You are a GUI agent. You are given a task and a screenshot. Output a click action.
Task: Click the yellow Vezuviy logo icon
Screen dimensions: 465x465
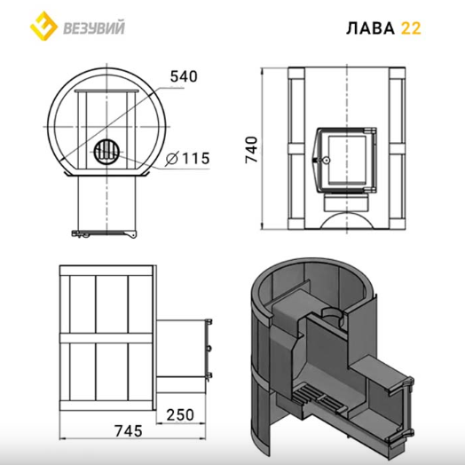click(x=43, y=26)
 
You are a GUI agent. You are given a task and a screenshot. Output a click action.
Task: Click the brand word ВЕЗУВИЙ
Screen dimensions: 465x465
click(x=94, y=28)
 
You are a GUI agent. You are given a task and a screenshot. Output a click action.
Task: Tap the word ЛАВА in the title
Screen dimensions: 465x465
click(x=370, y=28)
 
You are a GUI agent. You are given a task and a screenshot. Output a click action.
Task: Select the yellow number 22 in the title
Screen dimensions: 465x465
click(x=411, y=28)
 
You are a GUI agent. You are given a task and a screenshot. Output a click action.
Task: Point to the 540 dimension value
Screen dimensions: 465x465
click(x=184, y=76)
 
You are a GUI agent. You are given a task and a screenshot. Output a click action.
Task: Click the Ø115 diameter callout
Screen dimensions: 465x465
click(x=187, y=158)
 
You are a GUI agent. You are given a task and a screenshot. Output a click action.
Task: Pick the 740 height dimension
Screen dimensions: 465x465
click(x=251, y=150)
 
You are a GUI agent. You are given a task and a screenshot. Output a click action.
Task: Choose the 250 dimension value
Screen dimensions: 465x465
click(x=180, y=415)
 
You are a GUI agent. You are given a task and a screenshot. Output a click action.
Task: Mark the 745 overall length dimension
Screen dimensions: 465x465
click(x=129, y=431)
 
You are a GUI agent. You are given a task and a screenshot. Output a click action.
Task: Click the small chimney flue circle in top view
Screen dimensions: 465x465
click(x=107, y=152)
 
